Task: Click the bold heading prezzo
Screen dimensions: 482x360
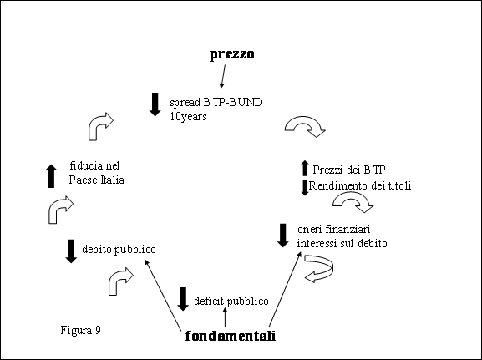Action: point(231,55)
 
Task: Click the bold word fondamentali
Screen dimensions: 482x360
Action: point(231,336)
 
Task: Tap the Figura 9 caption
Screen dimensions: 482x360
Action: point(81,330)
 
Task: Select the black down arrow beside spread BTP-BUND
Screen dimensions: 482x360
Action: point(155,104)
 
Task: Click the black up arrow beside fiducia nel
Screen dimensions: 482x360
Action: point(51,176)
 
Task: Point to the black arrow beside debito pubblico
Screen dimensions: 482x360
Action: point(71,251)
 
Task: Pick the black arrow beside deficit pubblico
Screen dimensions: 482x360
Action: point(183,299)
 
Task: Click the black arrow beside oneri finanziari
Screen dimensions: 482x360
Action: point(283,236)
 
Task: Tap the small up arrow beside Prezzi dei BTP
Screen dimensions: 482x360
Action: point(305,168)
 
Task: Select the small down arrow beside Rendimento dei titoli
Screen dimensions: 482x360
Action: point(305,188)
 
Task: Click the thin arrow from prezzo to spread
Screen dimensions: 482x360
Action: point(223,76)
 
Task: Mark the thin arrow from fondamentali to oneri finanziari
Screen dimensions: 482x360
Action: point(285,289)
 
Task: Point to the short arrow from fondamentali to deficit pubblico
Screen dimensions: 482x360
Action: point(225,317)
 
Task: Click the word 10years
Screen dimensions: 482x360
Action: point(189,117)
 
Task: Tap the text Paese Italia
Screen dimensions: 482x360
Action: point(97,180)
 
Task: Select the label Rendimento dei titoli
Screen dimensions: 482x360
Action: point(360,185)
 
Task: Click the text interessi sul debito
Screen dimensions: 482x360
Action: point(342,243)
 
